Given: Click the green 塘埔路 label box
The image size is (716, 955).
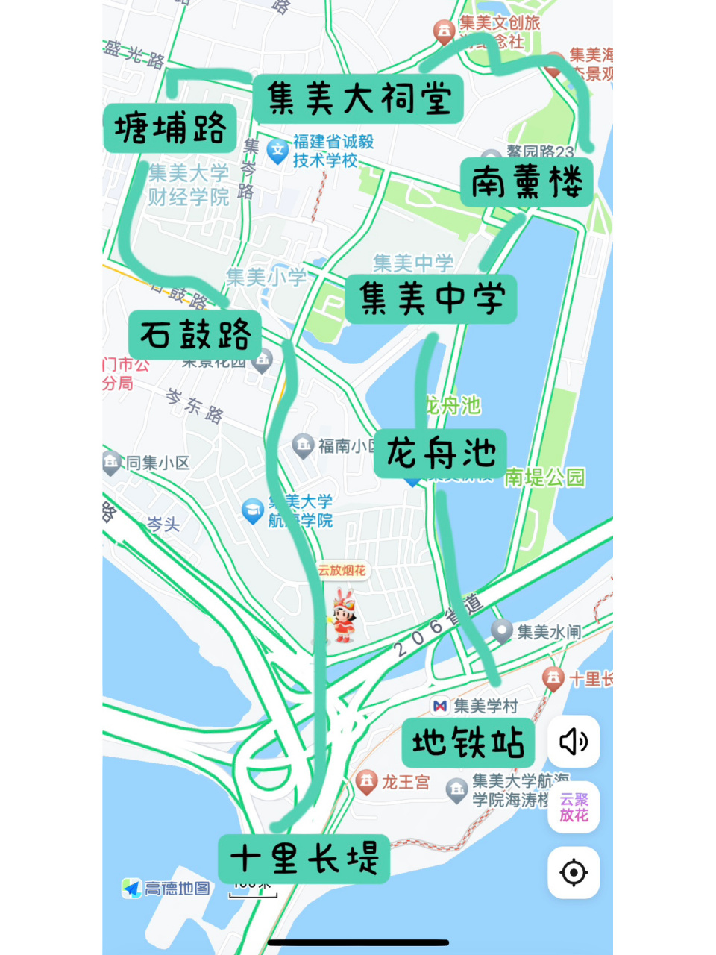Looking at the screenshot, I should [170, 128].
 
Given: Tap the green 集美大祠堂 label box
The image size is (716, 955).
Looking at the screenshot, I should [358, 98].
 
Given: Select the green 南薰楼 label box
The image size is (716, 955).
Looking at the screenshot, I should [527, 182].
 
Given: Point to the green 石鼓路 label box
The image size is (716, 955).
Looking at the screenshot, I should [195, 334].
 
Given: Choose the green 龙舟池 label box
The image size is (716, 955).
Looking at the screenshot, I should [441, 453].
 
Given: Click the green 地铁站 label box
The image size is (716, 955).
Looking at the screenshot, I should [468, 743].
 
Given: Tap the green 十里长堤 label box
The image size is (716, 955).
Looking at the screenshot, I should [304, 859].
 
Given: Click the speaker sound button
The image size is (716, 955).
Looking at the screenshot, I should [574, 742].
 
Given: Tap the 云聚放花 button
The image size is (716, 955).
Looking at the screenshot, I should [574, 807].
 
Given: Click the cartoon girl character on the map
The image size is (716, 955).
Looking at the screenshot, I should [342, 616].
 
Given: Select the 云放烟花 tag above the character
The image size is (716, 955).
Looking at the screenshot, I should [342, 571].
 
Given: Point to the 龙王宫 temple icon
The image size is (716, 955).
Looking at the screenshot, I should [366, 782].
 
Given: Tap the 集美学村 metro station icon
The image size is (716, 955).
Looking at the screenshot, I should [440, 706].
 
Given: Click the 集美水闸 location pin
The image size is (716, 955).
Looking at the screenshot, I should [502, 631].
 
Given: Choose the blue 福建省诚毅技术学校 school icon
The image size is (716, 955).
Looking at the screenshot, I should [277, 151].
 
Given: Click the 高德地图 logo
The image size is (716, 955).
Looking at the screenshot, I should [166, 889].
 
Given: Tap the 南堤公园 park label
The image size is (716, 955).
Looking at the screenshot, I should [544, 477].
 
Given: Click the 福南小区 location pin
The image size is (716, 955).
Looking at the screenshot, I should [303, 445].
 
